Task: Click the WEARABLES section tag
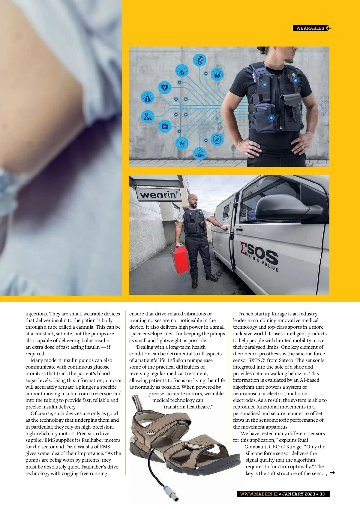310,28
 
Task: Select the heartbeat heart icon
165,88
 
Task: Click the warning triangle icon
147,98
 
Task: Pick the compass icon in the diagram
217,140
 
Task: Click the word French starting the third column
246,314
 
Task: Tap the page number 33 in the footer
322,494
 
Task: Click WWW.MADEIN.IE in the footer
259,494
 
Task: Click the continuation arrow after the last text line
332,473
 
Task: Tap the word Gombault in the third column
256,447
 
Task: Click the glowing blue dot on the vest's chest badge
295,80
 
